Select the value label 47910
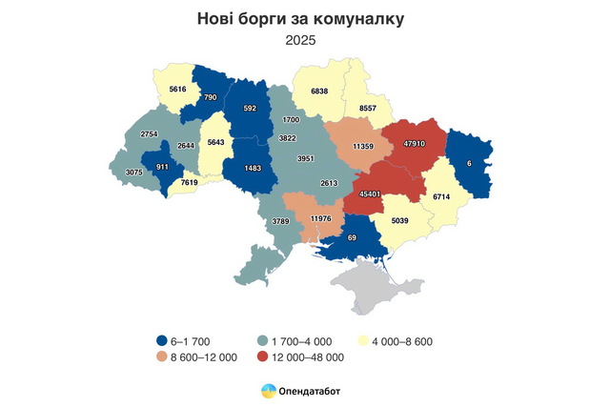click(x=414, y=143)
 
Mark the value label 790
click(x=211, y=96)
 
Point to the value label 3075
click(x=137, y=172)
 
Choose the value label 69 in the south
click(x=351, y=236)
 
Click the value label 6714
click(x=446, y=195)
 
